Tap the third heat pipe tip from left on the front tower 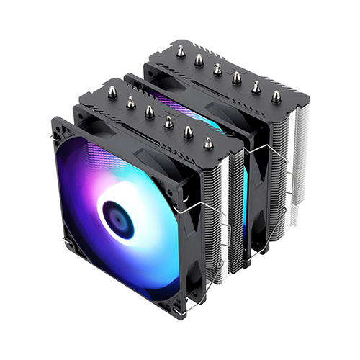click(150, 111)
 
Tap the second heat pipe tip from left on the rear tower click(199, 60)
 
